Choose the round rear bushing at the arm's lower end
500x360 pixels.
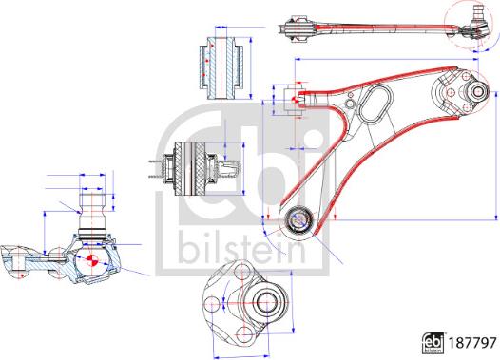pyautogui.click(x=302, y=222)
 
